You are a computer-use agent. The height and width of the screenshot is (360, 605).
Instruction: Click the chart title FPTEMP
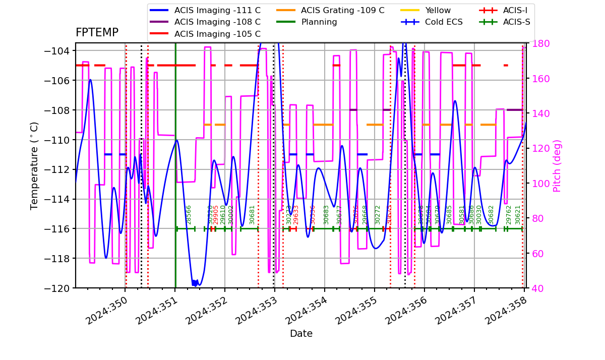(97, 33)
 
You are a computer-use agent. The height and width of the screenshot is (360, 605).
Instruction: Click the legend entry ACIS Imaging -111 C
(217, 10)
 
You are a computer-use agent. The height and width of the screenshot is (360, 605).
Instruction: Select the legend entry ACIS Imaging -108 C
(217, 22)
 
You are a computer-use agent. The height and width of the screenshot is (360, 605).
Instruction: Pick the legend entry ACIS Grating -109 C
(342, 10)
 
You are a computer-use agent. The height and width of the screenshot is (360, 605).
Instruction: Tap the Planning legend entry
(319, 22)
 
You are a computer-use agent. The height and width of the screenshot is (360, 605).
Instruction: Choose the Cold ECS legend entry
(444, 22)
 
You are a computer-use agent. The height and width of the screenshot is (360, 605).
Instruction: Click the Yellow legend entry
(438, 10)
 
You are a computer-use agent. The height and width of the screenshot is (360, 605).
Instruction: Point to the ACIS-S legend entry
(516, 22)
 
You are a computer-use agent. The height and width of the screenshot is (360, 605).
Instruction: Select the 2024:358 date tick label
(504, 312)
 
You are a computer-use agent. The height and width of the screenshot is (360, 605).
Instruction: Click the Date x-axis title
(301, 334)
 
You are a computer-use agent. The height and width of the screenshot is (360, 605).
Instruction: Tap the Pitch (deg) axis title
(557, 166)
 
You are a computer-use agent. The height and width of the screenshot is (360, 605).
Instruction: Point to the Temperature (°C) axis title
(34, 166)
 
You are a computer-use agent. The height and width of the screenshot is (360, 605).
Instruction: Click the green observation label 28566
(189, 214)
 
